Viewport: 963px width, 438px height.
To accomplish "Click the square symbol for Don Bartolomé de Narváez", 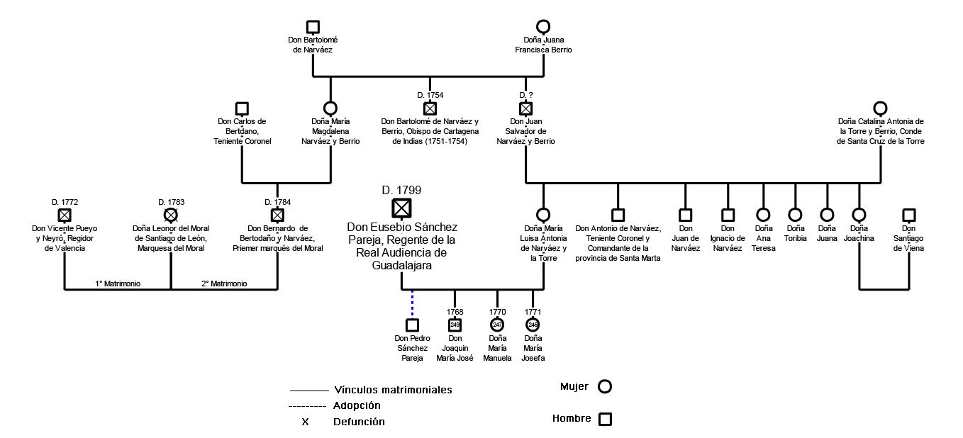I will click(313, 27).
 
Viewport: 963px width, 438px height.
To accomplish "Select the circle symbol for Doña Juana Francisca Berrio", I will click(543, 27).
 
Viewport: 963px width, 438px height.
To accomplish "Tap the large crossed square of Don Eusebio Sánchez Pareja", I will click(401, 208).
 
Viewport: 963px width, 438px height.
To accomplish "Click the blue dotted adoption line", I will click(412, 304).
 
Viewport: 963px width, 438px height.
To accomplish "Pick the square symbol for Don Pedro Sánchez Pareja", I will click(412, 325).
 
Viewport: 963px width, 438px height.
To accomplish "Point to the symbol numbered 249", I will click(455, 325).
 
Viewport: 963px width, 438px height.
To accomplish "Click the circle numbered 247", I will click(497, 325).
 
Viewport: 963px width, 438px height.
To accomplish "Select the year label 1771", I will click(533, 312).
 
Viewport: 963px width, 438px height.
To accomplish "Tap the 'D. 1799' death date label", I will click(401, 190).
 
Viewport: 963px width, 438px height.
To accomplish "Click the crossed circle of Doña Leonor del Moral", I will click(171, 215).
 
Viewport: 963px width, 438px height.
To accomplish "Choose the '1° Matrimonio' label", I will click(118, 283).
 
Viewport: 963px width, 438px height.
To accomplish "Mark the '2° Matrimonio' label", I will click(224, 283).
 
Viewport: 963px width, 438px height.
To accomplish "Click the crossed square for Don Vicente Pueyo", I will click(65, 215).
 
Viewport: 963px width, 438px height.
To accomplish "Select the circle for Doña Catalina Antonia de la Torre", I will click(880, 108).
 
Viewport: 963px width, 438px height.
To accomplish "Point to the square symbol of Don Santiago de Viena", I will click(908, 215).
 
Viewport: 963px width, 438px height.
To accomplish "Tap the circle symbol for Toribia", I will click(795, 215).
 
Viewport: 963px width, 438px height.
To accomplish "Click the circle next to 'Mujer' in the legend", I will click(605, 386).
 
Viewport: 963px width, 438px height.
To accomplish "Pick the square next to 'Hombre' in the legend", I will click(605, 419).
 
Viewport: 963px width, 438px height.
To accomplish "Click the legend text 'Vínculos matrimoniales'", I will click(393, 390).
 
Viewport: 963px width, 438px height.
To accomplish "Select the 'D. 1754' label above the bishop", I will click(430, 95).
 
